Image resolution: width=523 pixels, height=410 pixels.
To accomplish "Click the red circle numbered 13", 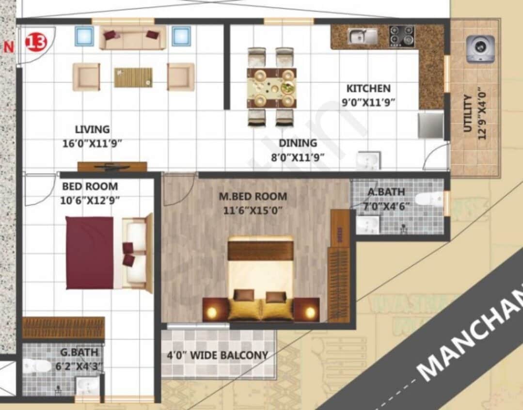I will coord(36,42).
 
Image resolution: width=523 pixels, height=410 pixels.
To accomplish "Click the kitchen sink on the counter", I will coord(363,36).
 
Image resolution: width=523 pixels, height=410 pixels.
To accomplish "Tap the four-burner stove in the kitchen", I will coord(402,36).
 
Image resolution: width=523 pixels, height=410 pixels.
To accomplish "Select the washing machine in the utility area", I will coord(480,48).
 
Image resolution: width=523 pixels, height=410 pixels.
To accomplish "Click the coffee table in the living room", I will coord(133,77).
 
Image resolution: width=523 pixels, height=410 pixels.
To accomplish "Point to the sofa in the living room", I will coord(132,38).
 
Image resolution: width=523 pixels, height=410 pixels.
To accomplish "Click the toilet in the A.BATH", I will coord(429,199).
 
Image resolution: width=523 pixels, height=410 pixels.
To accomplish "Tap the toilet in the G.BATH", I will coord(36,366).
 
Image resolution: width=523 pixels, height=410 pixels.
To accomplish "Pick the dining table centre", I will coord(271,88).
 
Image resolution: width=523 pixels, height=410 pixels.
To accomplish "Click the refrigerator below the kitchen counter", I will coord(431,126).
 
